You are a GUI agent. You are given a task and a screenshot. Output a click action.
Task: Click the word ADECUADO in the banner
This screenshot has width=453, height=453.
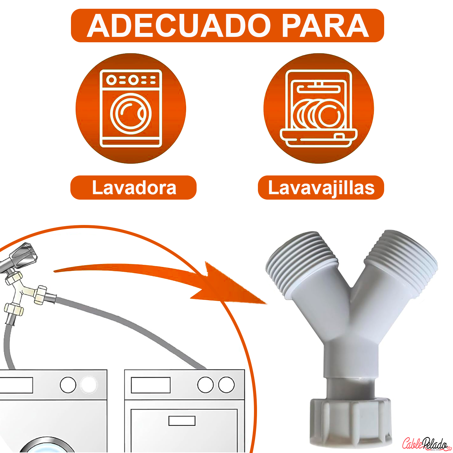[x=179, y=26]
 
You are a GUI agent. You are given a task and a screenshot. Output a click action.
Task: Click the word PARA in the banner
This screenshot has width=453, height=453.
[x=326, y=26]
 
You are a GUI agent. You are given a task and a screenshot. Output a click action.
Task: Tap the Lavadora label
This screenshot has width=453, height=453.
[x=134, y=188]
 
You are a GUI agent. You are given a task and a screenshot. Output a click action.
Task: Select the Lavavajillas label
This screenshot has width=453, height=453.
[x=321, y=188]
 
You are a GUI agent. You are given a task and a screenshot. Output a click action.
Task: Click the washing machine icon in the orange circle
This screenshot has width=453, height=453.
[x=131, y=108]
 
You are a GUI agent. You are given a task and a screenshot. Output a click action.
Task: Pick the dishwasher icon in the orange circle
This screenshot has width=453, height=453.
[x=319, y=108]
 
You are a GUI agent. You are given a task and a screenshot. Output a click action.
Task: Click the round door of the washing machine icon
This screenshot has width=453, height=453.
[x=131, y=114]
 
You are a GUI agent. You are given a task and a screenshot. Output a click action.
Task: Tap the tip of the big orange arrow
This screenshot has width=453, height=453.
[x=267, y=304]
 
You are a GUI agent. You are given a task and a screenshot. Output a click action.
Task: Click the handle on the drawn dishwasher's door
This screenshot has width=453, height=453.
[x=182, y=421]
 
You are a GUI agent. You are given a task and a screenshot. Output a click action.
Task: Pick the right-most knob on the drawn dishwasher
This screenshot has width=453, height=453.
[x=226, y=385]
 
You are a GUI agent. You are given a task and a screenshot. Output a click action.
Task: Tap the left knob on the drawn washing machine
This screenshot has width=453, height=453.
[x=68, y=385]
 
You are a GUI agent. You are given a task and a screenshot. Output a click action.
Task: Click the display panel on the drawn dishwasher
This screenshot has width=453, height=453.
[x=151, y=385]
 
